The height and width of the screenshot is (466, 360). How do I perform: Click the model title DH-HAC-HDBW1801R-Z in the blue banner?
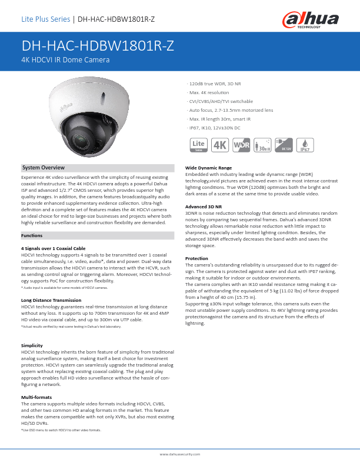[98, 47]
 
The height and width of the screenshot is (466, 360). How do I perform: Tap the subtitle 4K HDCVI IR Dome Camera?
[65, 60]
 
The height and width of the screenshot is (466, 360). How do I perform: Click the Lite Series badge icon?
[199, 145]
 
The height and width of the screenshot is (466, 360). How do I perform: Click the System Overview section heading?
[44, 168]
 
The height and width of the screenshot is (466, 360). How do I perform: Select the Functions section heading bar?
[97, 235]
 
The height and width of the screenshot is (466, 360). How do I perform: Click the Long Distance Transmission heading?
[51, 300]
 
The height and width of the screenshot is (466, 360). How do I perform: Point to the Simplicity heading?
[32, 345]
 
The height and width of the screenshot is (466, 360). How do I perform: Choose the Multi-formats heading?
[35, 398]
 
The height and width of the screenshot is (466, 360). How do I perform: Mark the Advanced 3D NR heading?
[204, 207]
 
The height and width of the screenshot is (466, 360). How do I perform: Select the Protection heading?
[196, 258]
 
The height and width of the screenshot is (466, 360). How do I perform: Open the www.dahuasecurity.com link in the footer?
[180, 455]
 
